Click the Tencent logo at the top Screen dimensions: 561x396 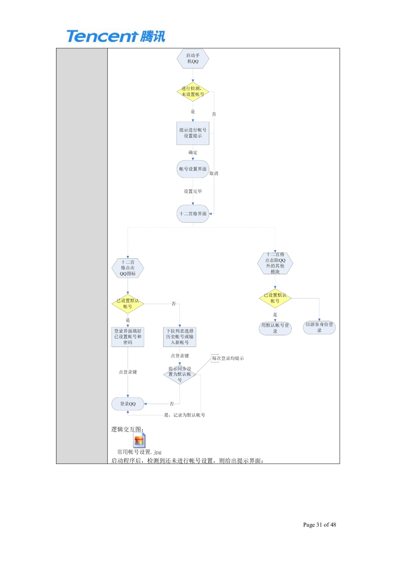115,36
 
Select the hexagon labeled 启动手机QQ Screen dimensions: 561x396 192,59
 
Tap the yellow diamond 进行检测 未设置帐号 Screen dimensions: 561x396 192,92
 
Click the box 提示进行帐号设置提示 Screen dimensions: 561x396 192,133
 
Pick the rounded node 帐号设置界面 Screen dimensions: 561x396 192,169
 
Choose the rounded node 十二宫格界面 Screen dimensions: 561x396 192,214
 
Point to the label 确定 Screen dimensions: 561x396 193,152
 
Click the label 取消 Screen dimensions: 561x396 213,173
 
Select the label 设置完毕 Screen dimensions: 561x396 193,191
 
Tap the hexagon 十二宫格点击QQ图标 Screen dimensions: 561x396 128,268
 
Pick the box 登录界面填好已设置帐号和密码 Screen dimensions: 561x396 128,337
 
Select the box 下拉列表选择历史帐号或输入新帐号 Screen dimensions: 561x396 179,337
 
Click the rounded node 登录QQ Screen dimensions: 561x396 128,404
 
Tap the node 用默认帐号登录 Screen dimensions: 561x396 275,328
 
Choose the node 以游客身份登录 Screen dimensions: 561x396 319,327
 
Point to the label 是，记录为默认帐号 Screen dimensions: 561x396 185,415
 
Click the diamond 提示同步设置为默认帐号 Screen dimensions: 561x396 179,374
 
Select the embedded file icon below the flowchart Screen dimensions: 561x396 139,440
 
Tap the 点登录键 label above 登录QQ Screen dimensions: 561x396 128,372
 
